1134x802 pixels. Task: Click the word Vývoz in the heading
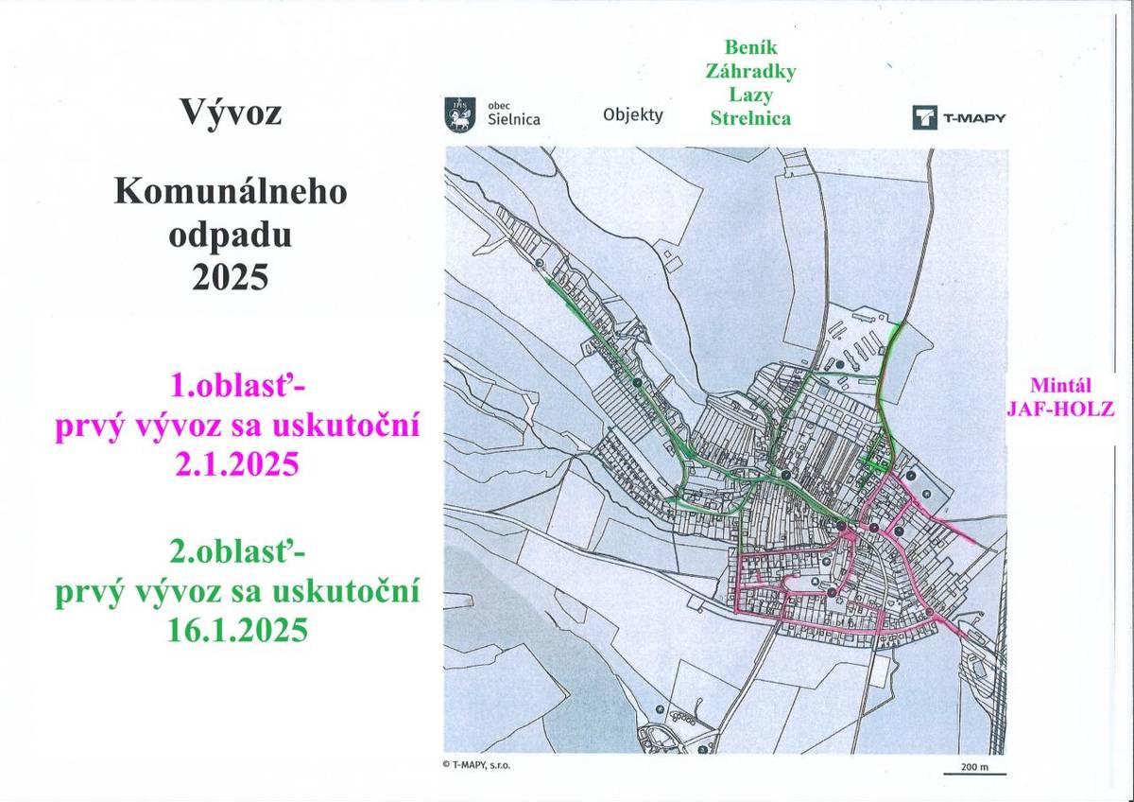coord(231,113)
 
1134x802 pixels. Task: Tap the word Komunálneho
coord(231,193)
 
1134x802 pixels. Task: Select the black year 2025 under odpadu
coord(231,278)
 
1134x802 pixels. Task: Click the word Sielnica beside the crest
coord(513,120)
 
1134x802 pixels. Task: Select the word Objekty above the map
coord(633,115)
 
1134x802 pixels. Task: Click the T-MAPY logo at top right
coord(959,117)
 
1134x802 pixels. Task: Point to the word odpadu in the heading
coord(231,235)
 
